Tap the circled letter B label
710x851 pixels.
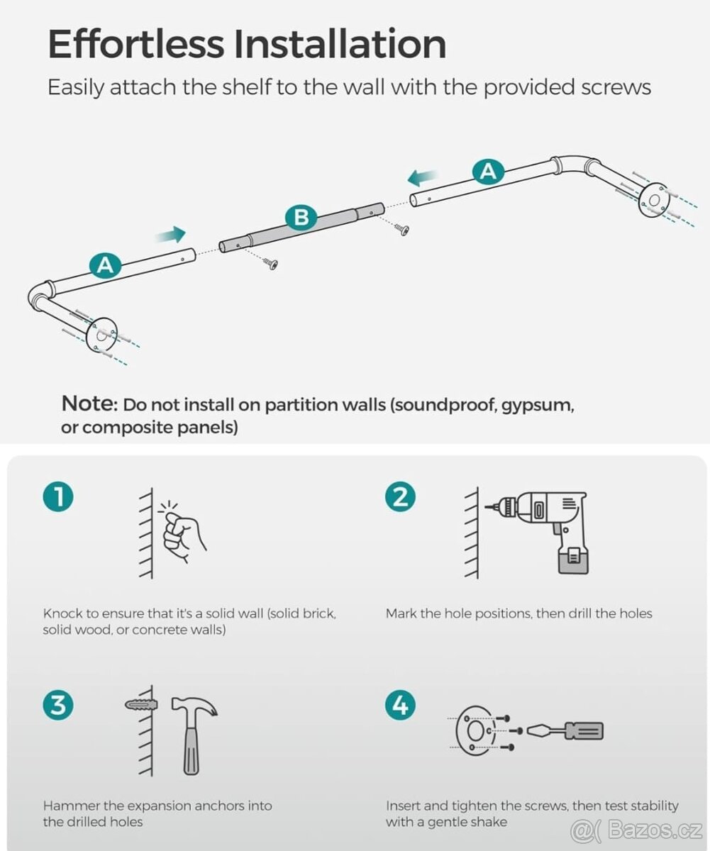301,217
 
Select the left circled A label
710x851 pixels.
106,266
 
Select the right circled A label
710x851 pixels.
488,172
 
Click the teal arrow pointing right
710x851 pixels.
170,234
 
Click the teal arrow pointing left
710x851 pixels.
422,177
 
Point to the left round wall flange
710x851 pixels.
101,335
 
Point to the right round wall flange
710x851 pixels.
653,201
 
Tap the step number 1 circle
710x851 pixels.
58,497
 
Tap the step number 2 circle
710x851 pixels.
401,497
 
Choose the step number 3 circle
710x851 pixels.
58,704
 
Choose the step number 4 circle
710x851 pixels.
401,704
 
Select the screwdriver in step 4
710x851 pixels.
565,730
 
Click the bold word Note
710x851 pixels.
89,404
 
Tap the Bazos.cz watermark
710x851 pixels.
637,830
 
